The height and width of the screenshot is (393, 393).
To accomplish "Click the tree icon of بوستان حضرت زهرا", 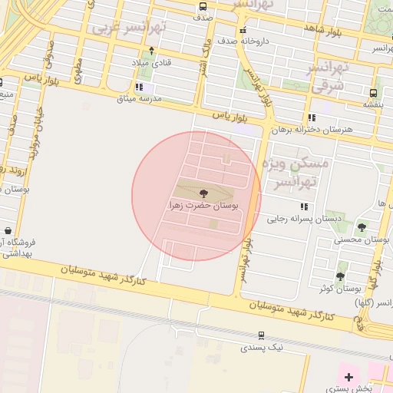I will pyautogui.click(x=203, y=193).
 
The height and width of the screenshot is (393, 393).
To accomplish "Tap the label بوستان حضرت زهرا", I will pyautogui.click(x=203, y=206).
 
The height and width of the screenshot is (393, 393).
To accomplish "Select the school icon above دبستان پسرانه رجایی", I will pyautogui.click(x=305, y=206).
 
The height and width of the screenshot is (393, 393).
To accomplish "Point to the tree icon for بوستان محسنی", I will pyautogui.click(x=362, y=227).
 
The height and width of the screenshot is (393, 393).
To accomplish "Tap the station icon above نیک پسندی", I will pyautogui.click(x=262, y=335).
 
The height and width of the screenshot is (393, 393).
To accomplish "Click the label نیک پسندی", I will pyautogui.click(x=262, y=348).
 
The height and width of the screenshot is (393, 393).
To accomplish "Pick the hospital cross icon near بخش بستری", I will pyautogui.click(x=349, y=377).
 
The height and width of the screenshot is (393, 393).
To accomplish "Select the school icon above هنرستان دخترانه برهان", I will pyautogui.click(x=312, y=117).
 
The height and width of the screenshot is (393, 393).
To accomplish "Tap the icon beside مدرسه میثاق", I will pyautogui.click(x=139, y=88).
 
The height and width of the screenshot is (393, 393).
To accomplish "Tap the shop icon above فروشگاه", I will pyautogui.click(x=8, y=230).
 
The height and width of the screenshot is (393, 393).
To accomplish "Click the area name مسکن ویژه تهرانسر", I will pyautogui.click(x=295, y=173).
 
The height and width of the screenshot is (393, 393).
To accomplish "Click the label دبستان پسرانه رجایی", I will pyautogui.click(x=304, y=219).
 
